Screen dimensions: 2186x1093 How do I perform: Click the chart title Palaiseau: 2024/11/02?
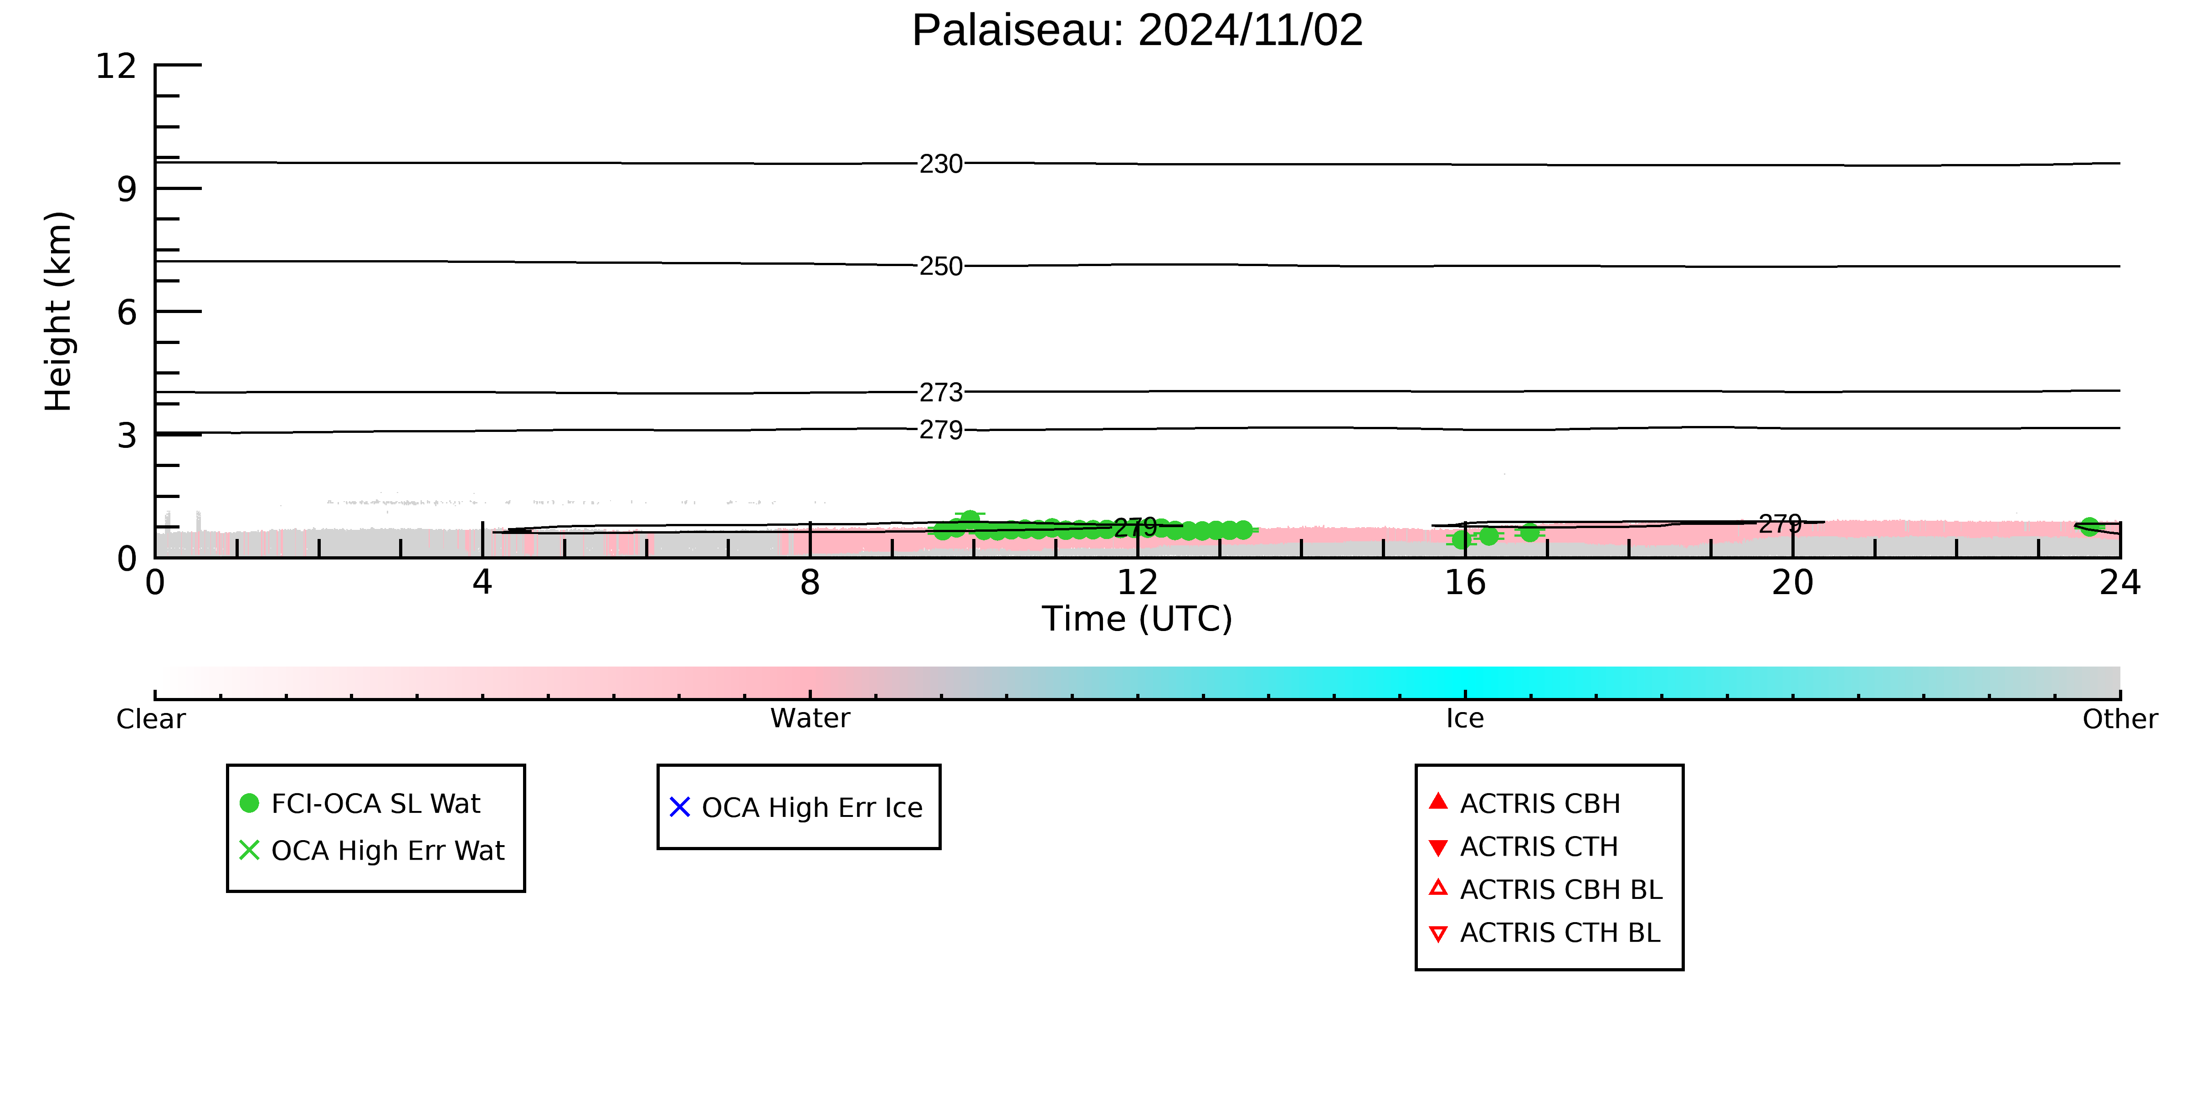pos(1137,31)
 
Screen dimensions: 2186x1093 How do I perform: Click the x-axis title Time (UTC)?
pos(1137,619)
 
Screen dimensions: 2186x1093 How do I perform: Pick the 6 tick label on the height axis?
pos(127,312)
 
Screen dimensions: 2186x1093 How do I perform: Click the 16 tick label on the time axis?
pos(1466,583)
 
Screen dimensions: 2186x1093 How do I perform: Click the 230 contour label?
pos(941,164)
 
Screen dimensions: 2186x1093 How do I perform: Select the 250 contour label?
pos(941,267)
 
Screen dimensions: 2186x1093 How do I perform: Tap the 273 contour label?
pos(941,393)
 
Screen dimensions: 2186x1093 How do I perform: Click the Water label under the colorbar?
pos(810,719)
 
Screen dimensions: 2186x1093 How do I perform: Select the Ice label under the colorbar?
pos(1466,719)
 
